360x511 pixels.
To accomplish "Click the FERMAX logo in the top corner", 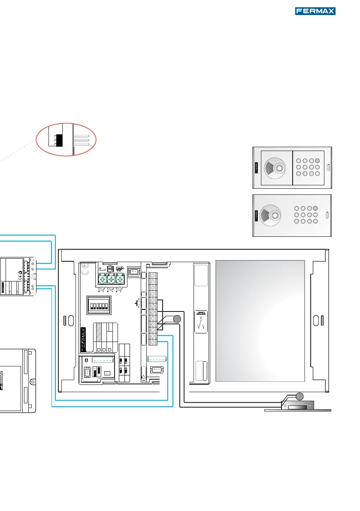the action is point(315,11).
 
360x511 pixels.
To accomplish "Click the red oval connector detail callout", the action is point(66,139).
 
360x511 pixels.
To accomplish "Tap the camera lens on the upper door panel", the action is point(279,168).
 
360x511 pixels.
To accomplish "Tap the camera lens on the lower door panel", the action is point(275,215).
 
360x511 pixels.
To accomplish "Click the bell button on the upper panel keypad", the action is point(318,160).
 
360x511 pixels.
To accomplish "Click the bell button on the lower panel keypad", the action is point(315,208).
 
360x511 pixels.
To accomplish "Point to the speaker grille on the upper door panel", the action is point(269,167).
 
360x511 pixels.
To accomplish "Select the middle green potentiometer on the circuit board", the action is point(112,279).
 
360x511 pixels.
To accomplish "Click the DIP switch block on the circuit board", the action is point(99,305).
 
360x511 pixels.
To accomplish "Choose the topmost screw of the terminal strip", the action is point(153,276).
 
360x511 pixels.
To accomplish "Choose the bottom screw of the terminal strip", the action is point(153,342).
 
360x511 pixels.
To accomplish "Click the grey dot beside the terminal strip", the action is point(177,319).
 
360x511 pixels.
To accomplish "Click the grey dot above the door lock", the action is point(299,396).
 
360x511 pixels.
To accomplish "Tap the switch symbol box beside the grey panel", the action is point(201,322).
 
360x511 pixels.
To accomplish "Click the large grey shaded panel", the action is point(260,321).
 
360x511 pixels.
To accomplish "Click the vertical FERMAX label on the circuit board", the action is point(83,339).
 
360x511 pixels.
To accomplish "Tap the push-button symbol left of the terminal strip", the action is point(137,303).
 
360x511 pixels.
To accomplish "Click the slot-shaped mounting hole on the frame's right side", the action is point(316,321).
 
